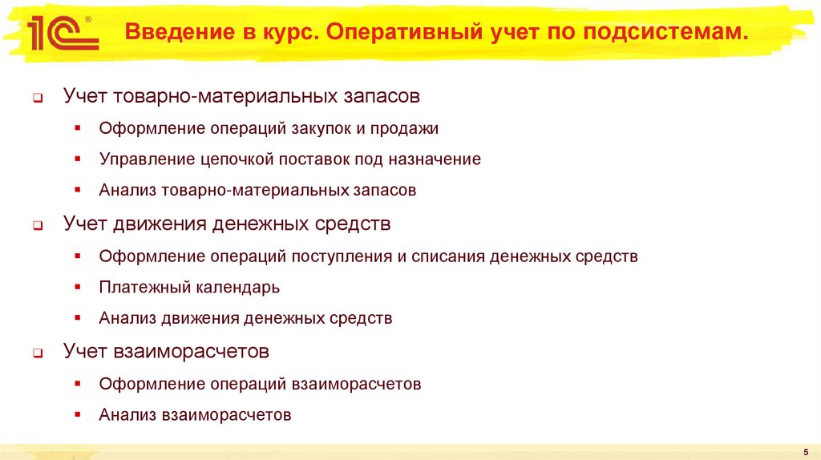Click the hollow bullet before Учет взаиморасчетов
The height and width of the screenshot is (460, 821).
[38, 353]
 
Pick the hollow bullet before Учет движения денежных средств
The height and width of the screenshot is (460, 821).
[38, 226]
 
